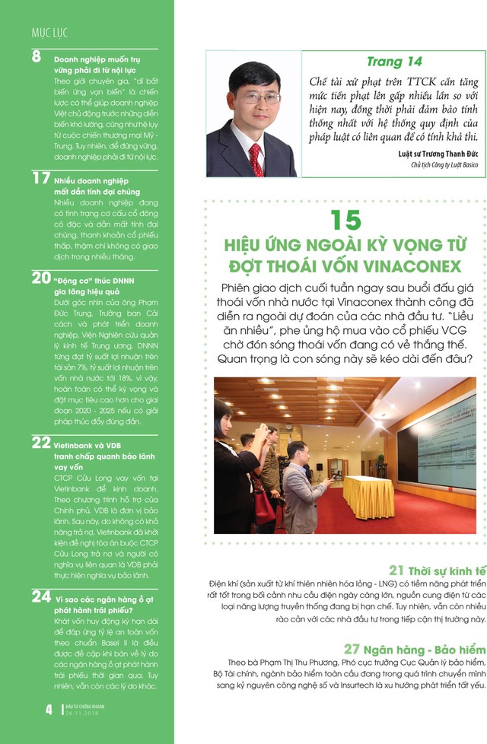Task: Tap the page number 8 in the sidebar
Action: click(x=37, y=57)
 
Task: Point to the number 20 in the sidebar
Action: click(x=41, y=278)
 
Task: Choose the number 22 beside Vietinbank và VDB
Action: click(x=41, y=442)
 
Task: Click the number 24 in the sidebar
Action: click(x=41, y=597)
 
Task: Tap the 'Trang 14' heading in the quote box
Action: click(x=394, y=62)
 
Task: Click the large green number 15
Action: click(x=345, y=221)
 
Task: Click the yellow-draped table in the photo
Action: click(x=369, y=497)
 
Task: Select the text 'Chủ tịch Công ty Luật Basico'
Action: click(x=443, y=164)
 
